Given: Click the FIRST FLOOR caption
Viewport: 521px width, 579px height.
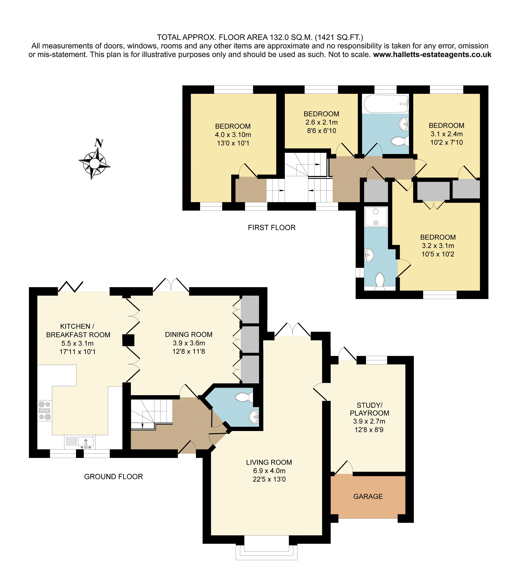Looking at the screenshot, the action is (272, 228).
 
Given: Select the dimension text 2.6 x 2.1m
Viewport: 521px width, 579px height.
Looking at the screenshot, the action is (321, 122).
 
